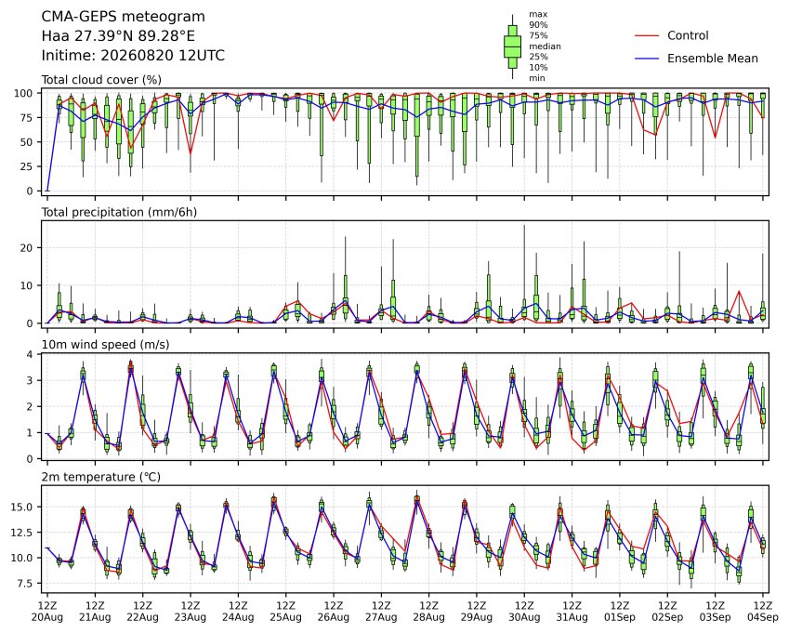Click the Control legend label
688,35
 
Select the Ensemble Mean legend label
713,59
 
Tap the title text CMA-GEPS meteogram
124,17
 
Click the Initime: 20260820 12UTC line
133,56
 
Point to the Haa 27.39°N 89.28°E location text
118,36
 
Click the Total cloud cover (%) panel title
101,80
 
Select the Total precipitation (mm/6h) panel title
119,212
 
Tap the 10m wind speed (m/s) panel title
105,345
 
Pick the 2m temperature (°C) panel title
100,477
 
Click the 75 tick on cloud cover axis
26,118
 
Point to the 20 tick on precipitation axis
26,248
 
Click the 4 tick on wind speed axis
30,354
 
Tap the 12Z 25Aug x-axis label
286,611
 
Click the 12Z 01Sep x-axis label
620,611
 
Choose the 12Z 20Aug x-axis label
47,611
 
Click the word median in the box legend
545,46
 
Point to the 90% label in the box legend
538,25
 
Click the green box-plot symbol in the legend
512,46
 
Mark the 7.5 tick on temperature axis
24,584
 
